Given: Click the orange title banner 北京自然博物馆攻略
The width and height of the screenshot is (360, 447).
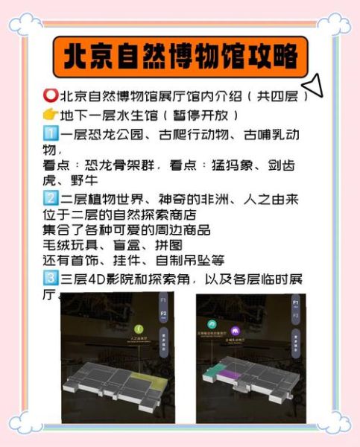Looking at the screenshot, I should tap(180, 56).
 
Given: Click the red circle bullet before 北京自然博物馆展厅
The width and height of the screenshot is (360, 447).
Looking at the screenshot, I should tap(51, 97).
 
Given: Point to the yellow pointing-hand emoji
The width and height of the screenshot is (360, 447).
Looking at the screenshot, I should tap(51, 115).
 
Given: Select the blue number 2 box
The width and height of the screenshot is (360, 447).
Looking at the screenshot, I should tap(51, 198).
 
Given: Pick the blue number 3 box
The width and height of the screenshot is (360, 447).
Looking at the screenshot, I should tap(51, 279).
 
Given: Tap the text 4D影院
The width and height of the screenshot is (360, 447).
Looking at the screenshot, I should tap(113, 279).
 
